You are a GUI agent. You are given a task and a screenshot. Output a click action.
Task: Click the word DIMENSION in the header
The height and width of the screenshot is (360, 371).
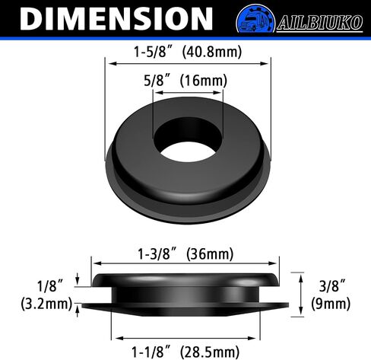[x=116, y=19]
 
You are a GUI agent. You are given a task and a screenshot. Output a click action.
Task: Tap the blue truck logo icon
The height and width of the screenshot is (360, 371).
[x=255, y=19]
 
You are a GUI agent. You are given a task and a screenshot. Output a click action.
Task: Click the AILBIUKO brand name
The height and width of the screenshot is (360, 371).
[x=320, y=23]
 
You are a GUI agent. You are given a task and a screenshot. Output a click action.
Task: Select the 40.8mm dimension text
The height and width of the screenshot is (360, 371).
[x=212, y=52]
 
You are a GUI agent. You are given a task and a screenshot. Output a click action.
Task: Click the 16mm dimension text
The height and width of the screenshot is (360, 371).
[x=204, y=81]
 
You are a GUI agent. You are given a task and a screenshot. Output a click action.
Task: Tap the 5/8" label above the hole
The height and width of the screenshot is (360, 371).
[x=157, y=81]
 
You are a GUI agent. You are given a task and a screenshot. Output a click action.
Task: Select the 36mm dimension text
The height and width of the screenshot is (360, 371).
[x=210, y=254]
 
